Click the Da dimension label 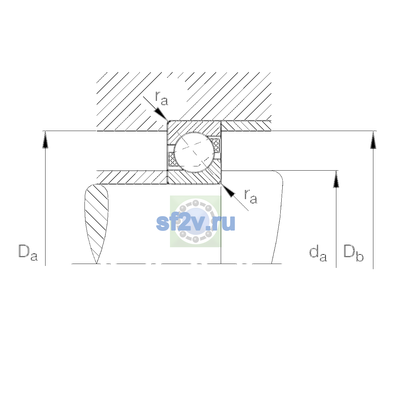point(28,253)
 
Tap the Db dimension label point(353,253)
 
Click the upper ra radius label point(161,98)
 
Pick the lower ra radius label point(251,196)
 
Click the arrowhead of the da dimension point(336,179)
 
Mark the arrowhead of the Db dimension point(373,140)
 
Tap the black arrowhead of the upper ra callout point(161,114)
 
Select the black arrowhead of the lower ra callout point(228,191)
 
